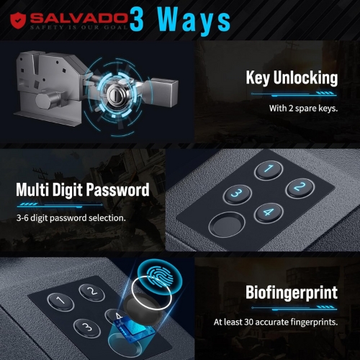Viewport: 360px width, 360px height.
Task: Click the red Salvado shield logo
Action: tap(18, 21)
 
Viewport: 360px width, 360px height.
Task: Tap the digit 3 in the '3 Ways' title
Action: tap(137, 19)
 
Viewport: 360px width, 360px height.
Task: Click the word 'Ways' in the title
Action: tap(194, 22)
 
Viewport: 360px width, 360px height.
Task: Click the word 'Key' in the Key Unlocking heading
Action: tap(258, 78)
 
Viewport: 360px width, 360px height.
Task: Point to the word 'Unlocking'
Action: tap(305, 77)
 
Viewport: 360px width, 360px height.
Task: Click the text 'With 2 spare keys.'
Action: tap(303, 109)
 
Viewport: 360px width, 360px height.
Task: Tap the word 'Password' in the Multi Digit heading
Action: tap(117, 189)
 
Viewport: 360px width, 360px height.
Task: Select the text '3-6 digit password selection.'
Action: tap(71, 218)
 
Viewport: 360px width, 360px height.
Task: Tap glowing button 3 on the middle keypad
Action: tap(238, 194)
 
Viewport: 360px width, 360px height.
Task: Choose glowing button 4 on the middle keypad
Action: tap(269, 212)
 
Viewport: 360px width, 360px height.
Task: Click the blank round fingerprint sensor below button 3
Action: tap(227, 225)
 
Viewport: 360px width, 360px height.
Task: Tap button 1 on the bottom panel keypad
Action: tap(60, 301)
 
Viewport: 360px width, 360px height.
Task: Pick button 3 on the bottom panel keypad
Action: tap(86, 328)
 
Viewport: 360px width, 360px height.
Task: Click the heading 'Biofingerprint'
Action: tap(292, 292)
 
